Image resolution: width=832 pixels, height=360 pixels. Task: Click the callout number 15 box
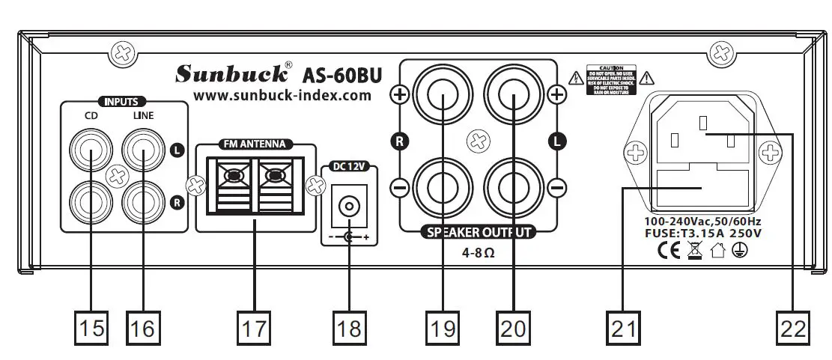coord(90,327)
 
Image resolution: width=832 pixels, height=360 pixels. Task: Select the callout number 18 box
coord(348,327)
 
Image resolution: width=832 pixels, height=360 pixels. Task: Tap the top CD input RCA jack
coord(89,153)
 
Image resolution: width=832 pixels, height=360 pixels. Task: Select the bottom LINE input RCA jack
coord(142,200)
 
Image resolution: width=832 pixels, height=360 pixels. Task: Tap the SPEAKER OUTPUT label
coord(479,232)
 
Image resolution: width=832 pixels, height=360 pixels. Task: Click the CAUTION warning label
coord(610,77)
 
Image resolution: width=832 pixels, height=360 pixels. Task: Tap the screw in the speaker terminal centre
coord(478,140)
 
